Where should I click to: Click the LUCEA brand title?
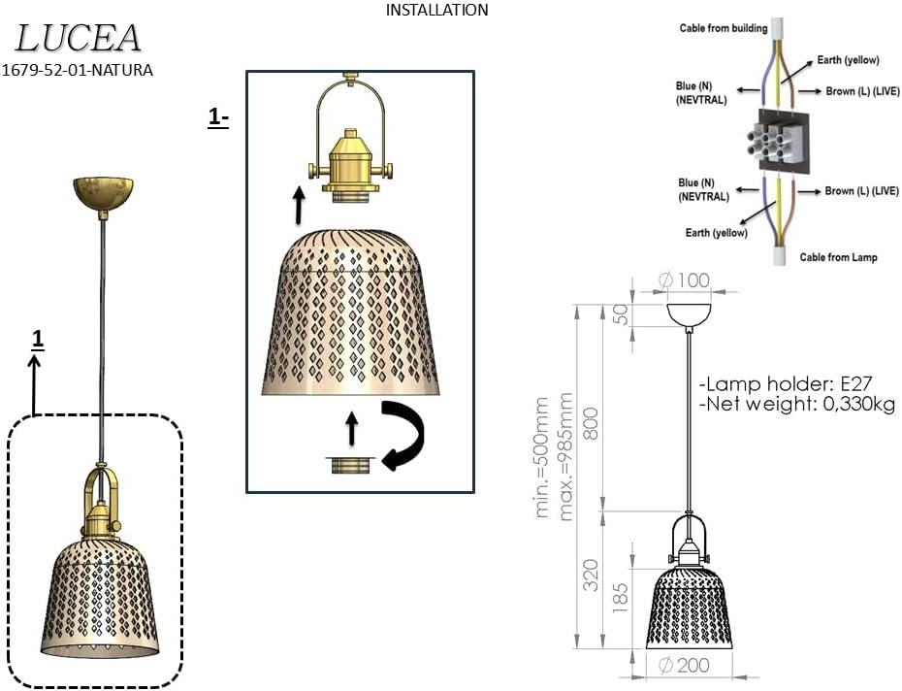coord(79,38)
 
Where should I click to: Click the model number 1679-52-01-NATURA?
coord(79,70)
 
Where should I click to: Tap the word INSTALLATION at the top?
coord(436,11)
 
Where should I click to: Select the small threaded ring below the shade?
coord(351,465)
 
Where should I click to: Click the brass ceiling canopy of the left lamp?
coord(102,192)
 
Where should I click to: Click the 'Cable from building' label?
coord(723,28)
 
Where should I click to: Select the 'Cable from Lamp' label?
coord(838,257)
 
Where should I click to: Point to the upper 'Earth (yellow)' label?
coord(847,60)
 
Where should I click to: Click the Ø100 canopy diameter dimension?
coord(684,281)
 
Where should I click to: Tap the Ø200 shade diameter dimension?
coord(684,666)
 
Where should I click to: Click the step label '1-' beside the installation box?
coord(217,118)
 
